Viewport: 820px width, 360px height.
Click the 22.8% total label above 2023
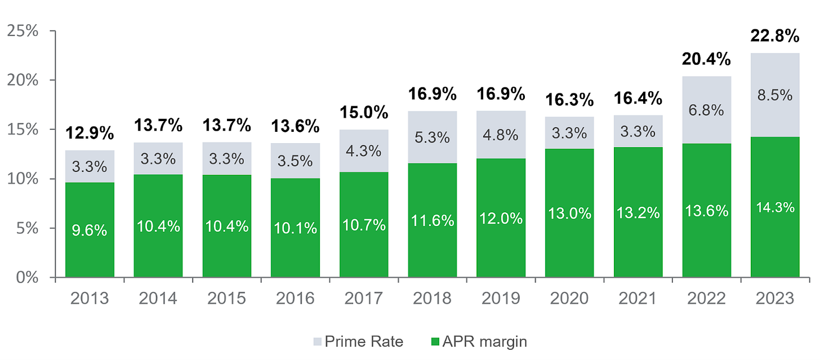775,37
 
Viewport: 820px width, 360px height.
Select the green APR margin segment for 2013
90,248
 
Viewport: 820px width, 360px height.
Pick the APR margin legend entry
479,341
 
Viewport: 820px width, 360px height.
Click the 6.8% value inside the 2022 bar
706,110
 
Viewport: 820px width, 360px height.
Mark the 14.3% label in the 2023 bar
775,207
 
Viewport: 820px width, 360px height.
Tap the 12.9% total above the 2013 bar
90,134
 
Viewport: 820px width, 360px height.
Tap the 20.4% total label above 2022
706,59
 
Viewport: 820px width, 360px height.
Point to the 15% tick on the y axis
23,130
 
